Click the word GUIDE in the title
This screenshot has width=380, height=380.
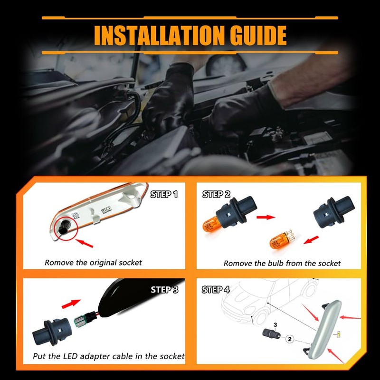(258, 35)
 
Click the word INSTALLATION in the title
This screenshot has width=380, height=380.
(159, 35)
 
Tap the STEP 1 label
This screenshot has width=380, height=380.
(164, 194)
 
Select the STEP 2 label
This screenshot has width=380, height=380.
(216, 194)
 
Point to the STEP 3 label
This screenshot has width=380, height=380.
(164, 289)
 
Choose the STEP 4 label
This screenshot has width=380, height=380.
(216, 289)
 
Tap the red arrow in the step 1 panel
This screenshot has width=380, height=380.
(84, 243)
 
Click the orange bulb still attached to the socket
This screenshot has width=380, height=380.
(211, 224)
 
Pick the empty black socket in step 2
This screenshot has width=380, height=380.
(334, 212)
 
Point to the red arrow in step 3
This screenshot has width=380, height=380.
(71, 304)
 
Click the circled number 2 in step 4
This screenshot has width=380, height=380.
(290, 339)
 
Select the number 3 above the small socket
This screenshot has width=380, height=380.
(275, 325)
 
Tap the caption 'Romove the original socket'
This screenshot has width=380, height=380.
(93, 263)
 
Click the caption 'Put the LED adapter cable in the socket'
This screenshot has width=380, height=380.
(109, 356)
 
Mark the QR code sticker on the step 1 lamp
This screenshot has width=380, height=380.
(76, 215)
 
